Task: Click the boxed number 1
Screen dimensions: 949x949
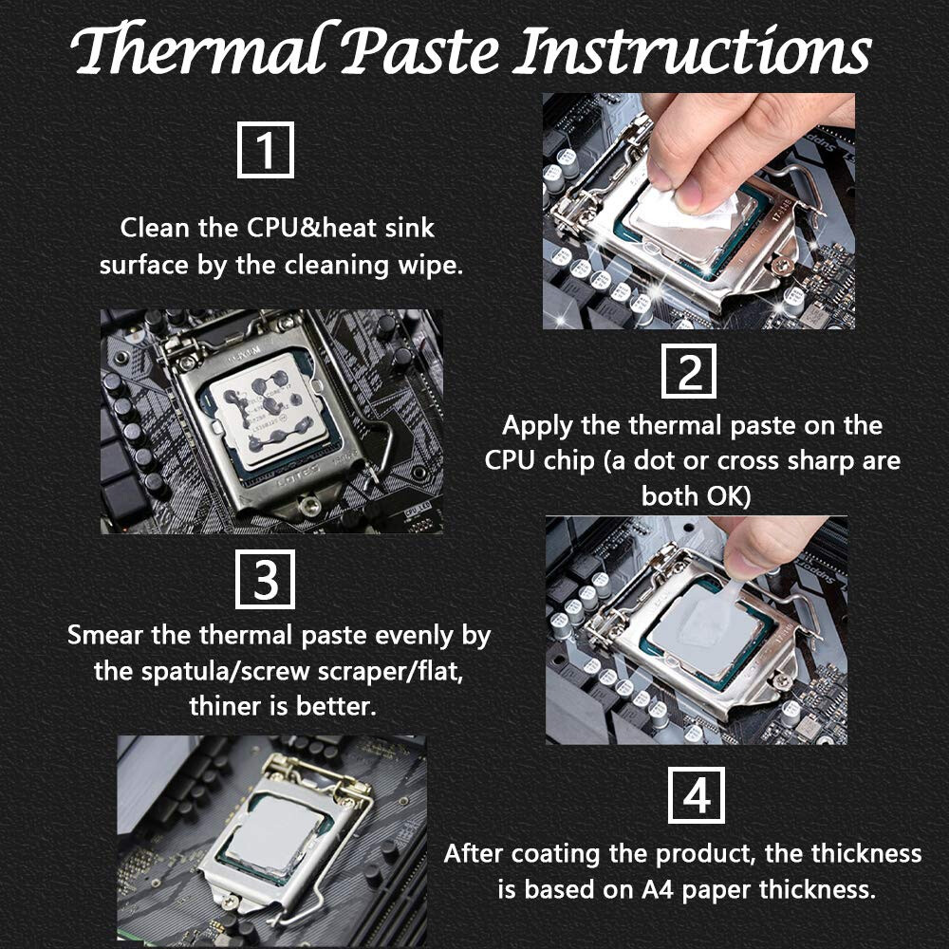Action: (x=265, y=150)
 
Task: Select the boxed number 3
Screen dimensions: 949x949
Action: (x=265, y=579)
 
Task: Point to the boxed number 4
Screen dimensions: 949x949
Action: (x=697, y=795)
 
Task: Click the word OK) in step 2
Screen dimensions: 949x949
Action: (x=723, y=496)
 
